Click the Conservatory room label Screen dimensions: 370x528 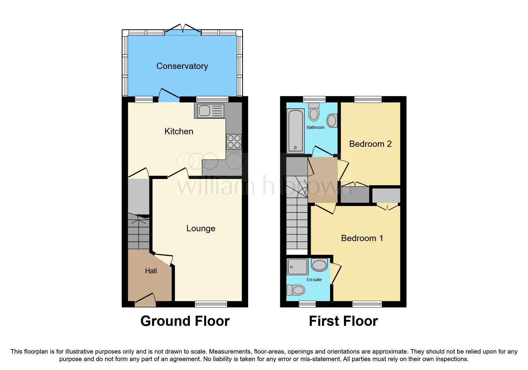(182, 66)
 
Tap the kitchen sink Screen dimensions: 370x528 (210, 111)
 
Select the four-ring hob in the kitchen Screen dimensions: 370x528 (234, 142)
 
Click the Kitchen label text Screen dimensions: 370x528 (179, 131)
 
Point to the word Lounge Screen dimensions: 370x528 (201, 228)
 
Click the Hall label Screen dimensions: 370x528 (151, 271)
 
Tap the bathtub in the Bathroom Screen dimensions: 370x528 (295, 131)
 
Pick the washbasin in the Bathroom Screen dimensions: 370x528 (332, 121)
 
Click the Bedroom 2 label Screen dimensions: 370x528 (370, 144)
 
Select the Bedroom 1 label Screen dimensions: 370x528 (362, 238)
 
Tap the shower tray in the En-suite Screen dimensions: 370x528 (297, 266)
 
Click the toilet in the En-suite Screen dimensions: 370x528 (296, 290)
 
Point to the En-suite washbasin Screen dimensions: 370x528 (319, 265)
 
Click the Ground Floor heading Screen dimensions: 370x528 (185, 321)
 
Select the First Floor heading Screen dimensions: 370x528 (343, 321)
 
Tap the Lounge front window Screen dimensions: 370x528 (211, 304)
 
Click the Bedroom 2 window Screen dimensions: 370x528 (368, 99)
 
